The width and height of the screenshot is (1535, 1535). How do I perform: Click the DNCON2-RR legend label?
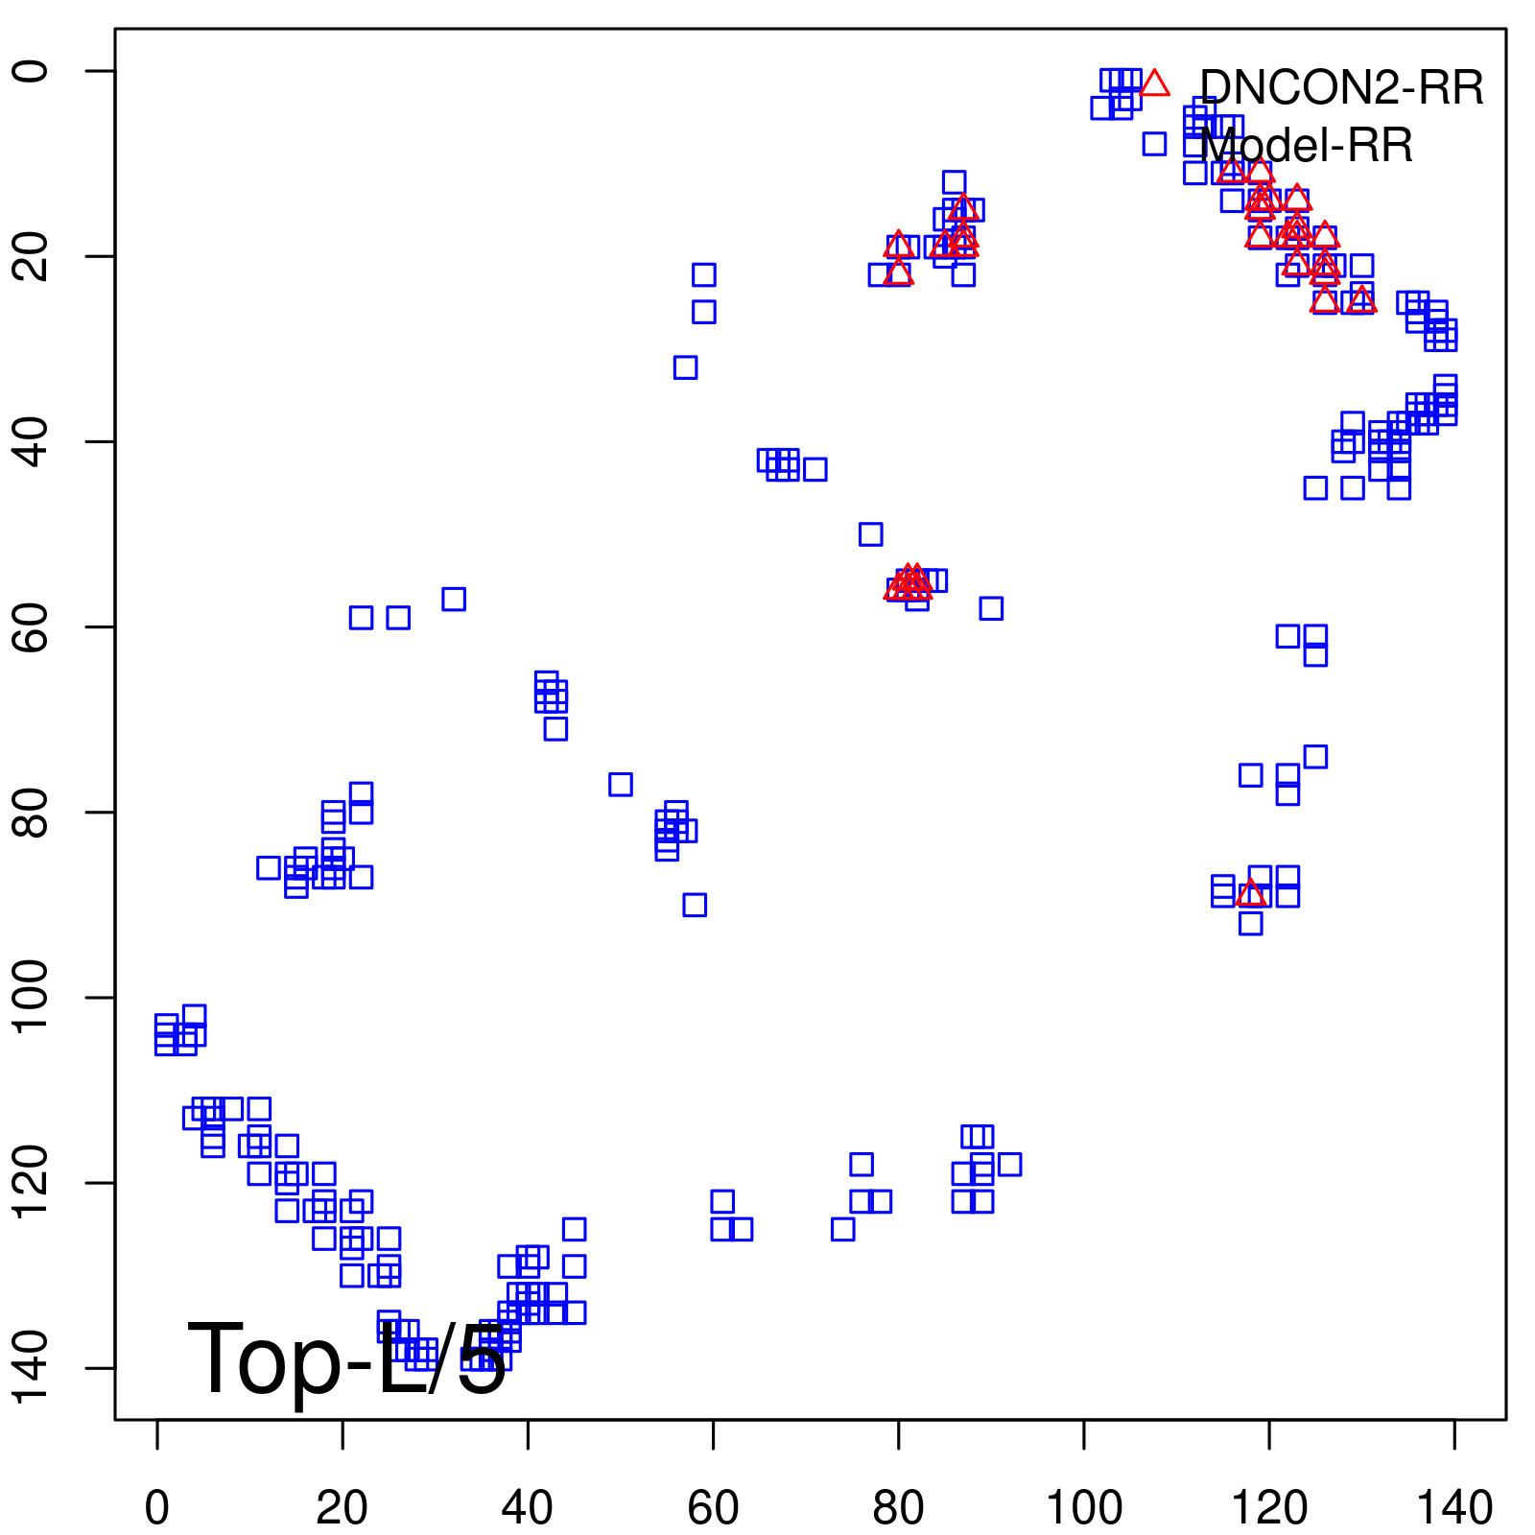click(1341, 88)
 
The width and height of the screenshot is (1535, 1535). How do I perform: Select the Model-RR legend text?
click(1306, 146)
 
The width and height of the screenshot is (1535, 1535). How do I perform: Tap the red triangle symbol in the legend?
click(1155, 83)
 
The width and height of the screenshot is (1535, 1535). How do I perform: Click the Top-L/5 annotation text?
click(346, 1359)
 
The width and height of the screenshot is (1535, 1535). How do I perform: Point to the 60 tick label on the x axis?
click(713, 1508)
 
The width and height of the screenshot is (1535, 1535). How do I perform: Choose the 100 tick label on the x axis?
click(1083, 1508)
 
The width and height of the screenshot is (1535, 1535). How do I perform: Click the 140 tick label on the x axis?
click(1454, 1508)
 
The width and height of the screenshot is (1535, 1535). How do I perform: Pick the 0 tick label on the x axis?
click(157, 1508)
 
